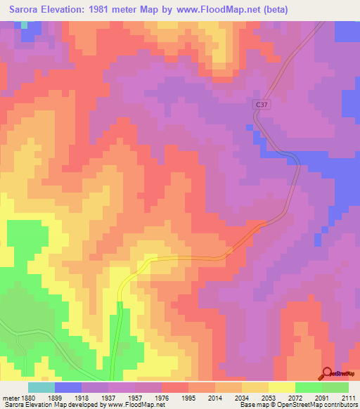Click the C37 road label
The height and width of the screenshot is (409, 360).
[x=262, y=105]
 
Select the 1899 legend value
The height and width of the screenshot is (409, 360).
[x=63, y=396]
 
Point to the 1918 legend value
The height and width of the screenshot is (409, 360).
[x=90, y=396]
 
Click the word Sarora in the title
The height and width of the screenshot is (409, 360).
[x=27, y=11]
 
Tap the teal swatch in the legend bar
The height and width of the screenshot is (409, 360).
[x=41, y=387]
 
